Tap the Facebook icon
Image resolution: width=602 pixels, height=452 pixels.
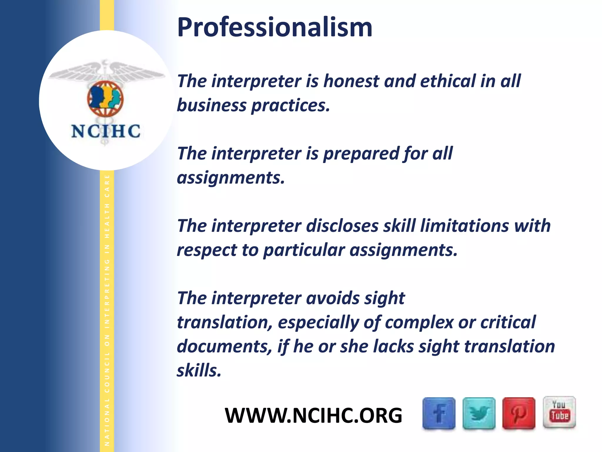pos(439,413)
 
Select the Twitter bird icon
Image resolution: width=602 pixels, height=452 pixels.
pos(479,413)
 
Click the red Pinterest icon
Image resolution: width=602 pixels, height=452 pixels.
pos(519,413)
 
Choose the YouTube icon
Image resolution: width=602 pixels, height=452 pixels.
pos(559,412)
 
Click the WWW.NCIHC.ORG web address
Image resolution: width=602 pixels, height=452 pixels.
pos(313,416)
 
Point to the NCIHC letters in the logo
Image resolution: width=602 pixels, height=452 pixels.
pos(106,131)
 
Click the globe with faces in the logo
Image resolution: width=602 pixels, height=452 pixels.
pos(105,99)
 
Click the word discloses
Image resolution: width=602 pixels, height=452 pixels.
pos(342,226)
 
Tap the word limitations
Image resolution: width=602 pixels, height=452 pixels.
pos(464,226)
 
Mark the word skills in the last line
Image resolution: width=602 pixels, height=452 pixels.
pos(199,370)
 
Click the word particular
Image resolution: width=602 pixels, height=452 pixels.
pos(304,250)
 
